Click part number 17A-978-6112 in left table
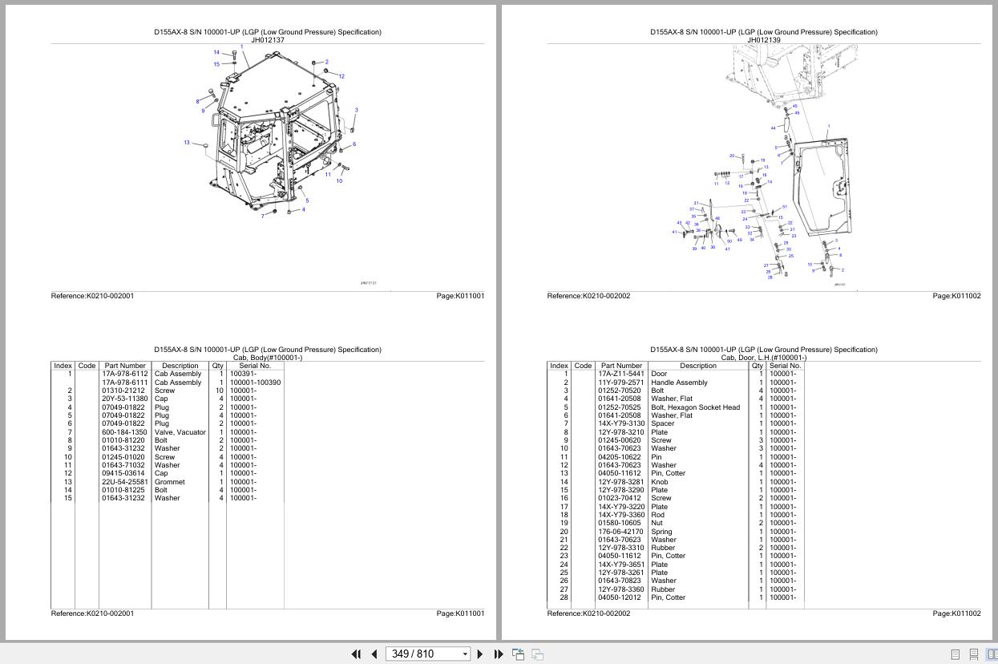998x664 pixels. click(x=124, y=374)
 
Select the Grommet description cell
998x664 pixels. click(x=169, y=482)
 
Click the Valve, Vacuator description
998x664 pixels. click(x=180, y=432)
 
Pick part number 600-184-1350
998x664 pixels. click(x=124, y=432)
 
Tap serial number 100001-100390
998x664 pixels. click(x=255, y=383)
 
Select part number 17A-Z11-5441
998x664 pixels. click(x=620, y=374)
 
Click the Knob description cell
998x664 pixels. click(x=660, y=482)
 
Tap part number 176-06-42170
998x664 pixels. click(x=620, y=532)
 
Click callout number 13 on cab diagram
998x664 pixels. click(x=187, y=143)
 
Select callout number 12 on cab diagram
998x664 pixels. click(x=341, y=77)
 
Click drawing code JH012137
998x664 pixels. click(x=268, y=40)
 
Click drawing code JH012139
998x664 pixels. click(x=764, y=40)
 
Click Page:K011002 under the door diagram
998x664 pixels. click(x=956, y=296)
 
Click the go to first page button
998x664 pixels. click(x=356, y=654)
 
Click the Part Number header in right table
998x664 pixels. click(x=621, y=366)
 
